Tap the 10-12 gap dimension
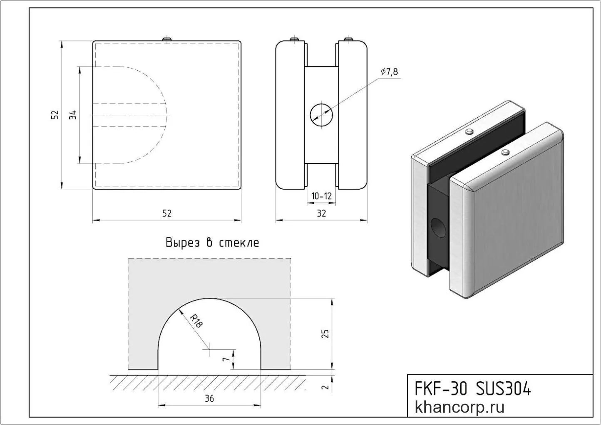tap(321, 196)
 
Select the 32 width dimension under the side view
tap(321, 213)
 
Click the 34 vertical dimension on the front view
tap(73, 115)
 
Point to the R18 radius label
tap(196, 321)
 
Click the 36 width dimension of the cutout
tap(209, 398)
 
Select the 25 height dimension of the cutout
tap(326, 333)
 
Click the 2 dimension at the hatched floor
tap(326, 387)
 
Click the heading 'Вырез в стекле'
tap(212, 243)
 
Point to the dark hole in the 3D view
tap(438, 227)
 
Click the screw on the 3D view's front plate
tap(506, 152)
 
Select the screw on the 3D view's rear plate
tap(469, 133)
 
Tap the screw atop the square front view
tap(167, 39)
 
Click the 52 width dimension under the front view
tap(166, 213)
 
